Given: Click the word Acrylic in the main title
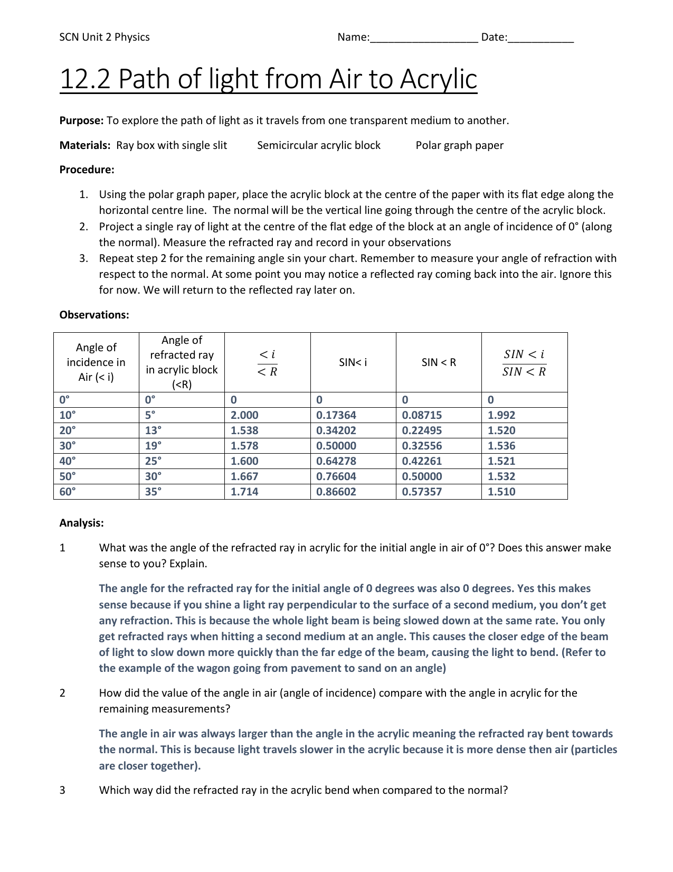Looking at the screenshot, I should (x=438, y=79).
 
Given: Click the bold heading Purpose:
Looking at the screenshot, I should (x=81, y=120).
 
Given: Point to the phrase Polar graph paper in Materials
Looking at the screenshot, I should (x=459, y=145).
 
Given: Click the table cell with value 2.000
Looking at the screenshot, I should (x=245, y=415).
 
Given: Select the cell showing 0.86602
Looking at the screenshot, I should (x=336, y=492).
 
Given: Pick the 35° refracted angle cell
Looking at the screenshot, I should (x=154, y=492).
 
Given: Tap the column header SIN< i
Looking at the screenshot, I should (x=353, y=362).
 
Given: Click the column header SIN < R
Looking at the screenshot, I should (x=439, y=362).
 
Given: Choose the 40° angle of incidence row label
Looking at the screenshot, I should (x=68, y=461).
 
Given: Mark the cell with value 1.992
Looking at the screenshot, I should (x=501, y=415).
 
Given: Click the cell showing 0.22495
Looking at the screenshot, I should (x=422, y=430).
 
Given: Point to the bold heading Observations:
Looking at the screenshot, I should (x=94, y=315).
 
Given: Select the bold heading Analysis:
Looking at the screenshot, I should (x=81, y=523).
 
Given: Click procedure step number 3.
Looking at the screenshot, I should (x=83, y=258).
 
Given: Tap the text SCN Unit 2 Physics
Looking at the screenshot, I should (x=105, y=37).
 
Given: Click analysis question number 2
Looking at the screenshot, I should (x=62, y=693).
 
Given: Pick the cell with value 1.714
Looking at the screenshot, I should (x=245, y=492).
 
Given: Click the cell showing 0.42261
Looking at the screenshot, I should (x=422, y=461).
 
